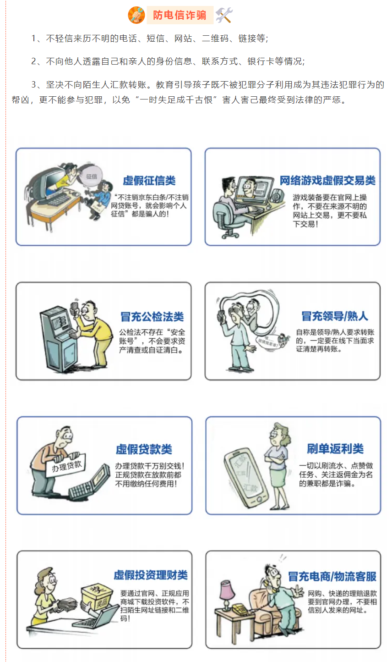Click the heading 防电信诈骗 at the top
tap(180, 15)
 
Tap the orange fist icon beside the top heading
tap(136, 15)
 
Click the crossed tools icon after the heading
tap(224, 15)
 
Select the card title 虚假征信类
tap(149, 180)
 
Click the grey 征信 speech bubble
tap(92, 177)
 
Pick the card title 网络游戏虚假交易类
tap(327, 180)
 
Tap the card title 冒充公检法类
tap(152, 316)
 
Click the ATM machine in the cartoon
tap(59, 338)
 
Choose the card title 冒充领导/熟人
tap(335, 316)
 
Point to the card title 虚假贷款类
tap(144, 449)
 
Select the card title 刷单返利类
tap(335, 449)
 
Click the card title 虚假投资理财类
tap(151, 575)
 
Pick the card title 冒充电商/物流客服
tap(332, 576)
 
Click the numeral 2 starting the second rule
tap(34, 61)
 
